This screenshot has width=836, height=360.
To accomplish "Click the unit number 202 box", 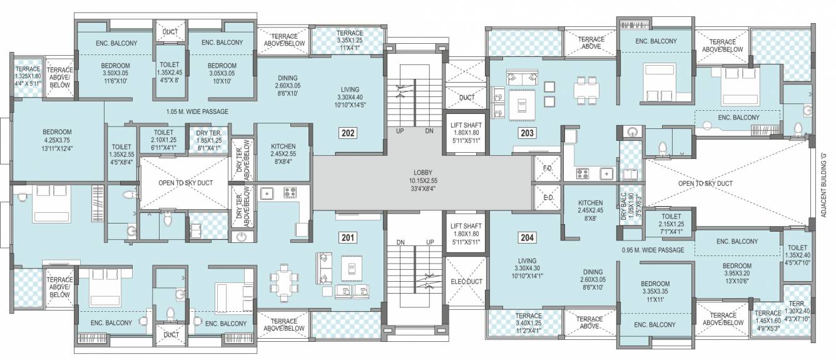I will (347, 133).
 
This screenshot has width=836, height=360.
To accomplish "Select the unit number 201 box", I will (347, 237).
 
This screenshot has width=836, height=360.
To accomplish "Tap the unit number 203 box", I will (527, 133).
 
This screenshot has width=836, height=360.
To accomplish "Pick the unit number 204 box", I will (527, 237).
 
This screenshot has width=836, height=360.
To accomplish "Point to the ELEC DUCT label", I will (466, 282).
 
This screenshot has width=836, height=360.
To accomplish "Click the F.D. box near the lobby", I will (546, 169).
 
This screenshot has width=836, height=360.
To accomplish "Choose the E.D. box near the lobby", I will (546, 197).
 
